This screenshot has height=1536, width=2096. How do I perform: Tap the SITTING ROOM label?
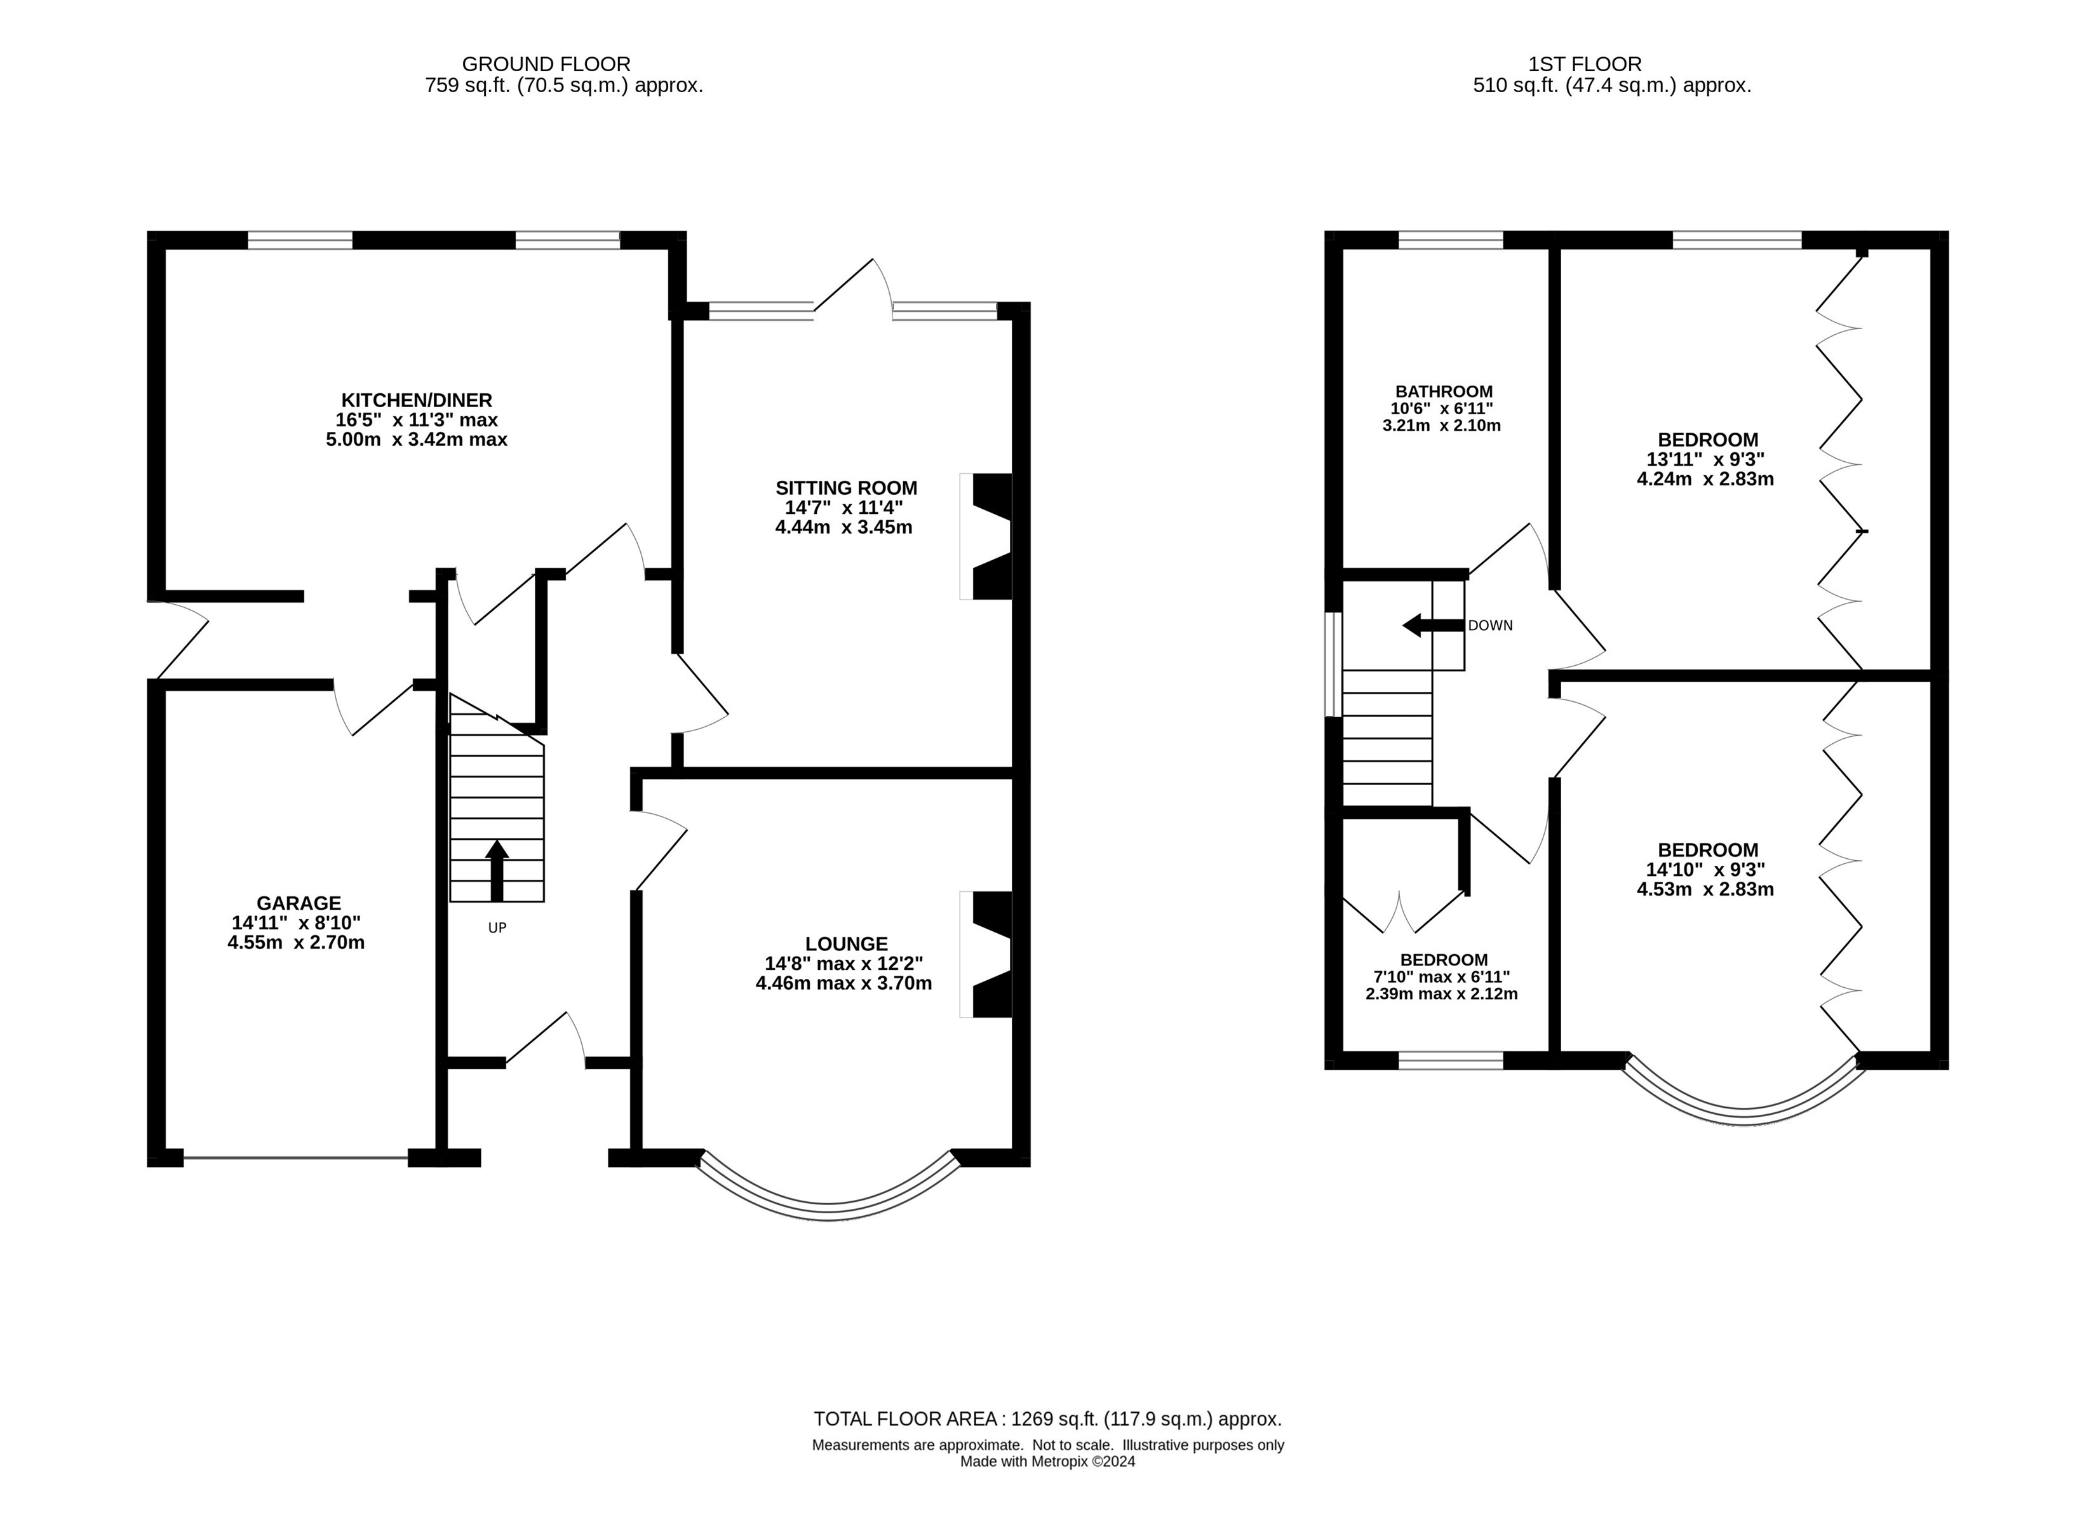coord(846,488)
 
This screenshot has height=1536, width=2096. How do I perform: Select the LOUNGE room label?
coord(846,944)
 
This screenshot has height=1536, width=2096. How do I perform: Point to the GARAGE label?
coord(299,903)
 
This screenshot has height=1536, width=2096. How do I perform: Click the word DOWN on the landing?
coord(1490,626)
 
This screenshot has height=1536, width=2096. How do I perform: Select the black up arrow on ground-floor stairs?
coord(497,870)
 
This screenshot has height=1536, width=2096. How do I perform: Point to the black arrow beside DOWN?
coord(1432,626)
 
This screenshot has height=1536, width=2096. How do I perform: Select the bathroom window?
coord(1451,240)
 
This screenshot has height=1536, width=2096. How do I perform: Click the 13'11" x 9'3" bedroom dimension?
coord(1705,459)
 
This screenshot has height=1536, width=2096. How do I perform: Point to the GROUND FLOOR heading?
coord(546,64)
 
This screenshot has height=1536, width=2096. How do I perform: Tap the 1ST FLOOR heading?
coord(1585,64)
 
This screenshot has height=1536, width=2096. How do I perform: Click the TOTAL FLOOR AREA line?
coord(1047,1419)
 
